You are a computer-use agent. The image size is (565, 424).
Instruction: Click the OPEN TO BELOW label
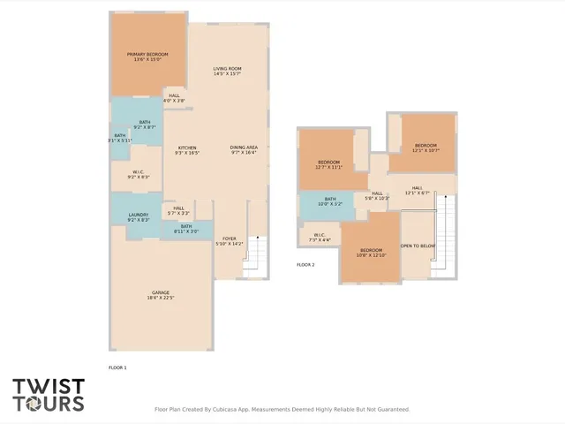point(418,246)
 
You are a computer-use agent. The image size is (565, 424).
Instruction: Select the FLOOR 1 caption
point(117,367)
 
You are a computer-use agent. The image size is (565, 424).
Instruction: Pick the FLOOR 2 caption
point(305,264)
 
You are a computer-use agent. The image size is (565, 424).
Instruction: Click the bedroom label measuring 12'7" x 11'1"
point(328,164)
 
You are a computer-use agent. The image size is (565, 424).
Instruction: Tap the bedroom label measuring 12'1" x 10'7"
point(426,148)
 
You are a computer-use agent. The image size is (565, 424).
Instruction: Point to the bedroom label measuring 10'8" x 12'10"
point(371,253)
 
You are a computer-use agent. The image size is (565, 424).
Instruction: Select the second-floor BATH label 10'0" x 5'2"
point(329,201)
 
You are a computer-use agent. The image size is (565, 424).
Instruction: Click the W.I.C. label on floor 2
point(320,237)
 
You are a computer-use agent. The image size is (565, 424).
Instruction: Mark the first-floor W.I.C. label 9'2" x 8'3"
point(138,175)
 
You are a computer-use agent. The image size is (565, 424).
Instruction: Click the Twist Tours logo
point(49,395)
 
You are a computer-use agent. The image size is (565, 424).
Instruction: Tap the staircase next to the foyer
point(254,255)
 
